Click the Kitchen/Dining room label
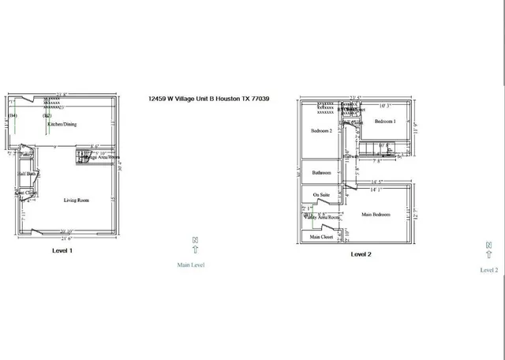click(62, 124)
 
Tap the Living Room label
click(77, 201)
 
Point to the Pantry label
click(26, 156)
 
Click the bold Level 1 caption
click(62, 250)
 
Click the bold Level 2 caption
click(361, 254)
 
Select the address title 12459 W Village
click(209, 99)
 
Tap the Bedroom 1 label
click(384, 122)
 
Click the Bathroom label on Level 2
click(321, 173)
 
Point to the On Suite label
click(320, 195)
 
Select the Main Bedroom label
click(377, 214)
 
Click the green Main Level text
click(191, 265)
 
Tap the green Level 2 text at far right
click(489, 270)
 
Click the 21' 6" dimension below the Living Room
click(62, 239)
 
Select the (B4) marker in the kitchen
click(13, 116)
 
